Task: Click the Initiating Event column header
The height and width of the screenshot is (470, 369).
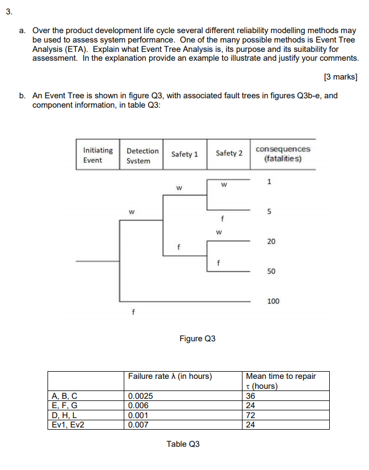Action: (97, 155)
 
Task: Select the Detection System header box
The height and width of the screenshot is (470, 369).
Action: (142, 155)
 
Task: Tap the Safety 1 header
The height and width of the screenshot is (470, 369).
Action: (184, 154)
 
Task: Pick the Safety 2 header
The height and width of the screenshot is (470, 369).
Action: (229, 153)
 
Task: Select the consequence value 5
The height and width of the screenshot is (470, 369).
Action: (269, 212)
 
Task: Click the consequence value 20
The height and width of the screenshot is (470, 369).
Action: (271, 241)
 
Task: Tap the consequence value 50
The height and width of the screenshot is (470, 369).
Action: (271, 272)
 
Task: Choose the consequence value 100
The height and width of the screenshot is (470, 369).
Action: (273, 301)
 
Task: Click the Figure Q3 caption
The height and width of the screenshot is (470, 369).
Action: (197, 338)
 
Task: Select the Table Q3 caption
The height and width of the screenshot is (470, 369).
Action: (183, 443)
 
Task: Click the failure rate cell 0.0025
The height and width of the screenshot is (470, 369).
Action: (140, 395)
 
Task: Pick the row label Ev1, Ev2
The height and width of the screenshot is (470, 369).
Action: (66, 425)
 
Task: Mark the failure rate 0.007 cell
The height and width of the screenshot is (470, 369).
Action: (138, 425)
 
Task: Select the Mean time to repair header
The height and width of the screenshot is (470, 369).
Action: (281, 381)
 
